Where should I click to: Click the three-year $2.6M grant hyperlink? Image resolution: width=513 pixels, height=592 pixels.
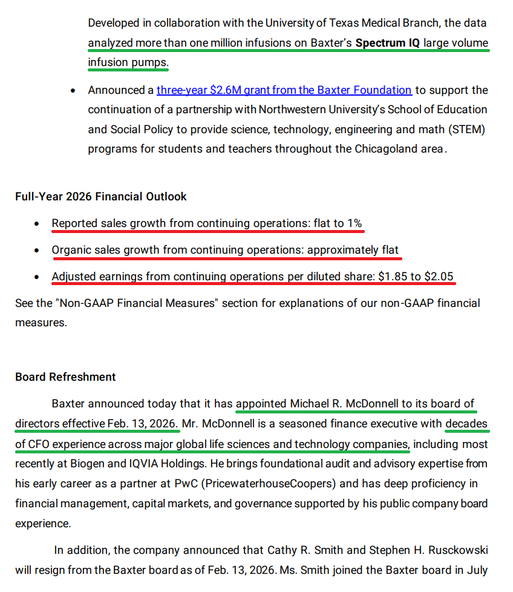tap(284, 90)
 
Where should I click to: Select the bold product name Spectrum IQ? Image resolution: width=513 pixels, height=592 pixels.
tap(387, 44)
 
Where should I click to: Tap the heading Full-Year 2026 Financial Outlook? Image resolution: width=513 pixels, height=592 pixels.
tap(101, 197)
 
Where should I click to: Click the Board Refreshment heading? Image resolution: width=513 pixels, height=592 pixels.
tap(65, 377)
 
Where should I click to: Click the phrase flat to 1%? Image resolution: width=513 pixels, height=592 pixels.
tap(338, 223)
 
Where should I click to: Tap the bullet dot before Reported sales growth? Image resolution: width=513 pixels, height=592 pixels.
tap(38, 224)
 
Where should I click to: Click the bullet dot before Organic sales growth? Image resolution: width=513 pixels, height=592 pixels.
tap(38, 251)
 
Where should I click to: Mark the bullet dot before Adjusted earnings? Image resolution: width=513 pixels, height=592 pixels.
tap(38, 277)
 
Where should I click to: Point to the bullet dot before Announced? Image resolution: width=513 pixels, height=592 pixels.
tap(73, 91)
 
